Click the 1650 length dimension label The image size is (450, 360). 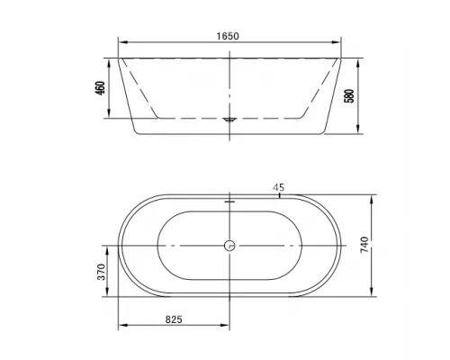tap(228, 36)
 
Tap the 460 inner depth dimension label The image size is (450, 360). tap(100, 88)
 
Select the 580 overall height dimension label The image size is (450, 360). tap(349, 95)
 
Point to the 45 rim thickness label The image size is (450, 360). tap(278, 187)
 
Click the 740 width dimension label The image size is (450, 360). tap(364, 245)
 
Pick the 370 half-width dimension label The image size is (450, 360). tap(102, 272)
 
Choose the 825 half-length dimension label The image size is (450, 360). tap(174, 319)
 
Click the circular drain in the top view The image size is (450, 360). tap(229, 246)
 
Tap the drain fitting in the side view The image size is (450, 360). tap(229, 120)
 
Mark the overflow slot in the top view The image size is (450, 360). tap(229, 202)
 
